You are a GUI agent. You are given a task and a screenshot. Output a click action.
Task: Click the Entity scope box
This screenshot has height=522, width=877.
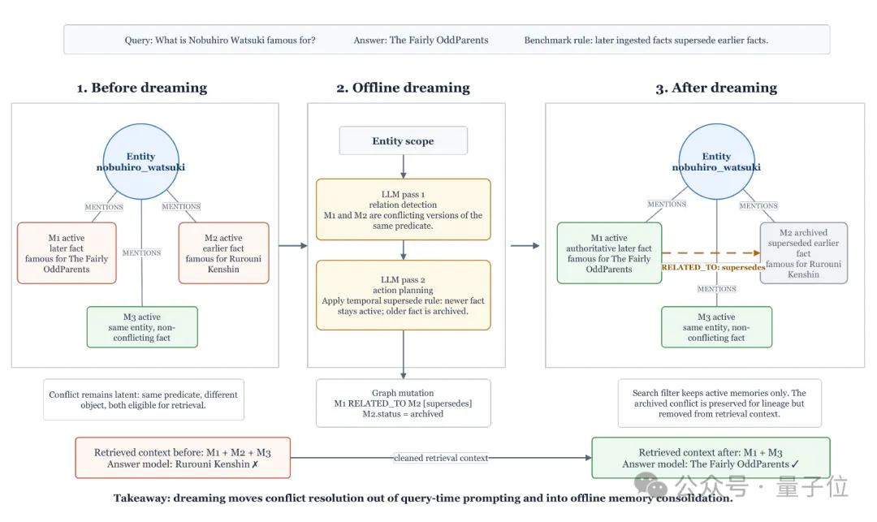click(403, 140)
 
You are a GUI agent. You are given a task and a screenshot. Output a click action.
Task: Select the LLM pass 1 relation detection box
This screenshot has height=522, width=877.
click(403, 209)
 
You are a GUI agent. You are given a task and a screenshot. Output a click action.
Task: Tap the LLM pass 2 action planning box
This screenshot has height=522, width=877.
click(403, 295)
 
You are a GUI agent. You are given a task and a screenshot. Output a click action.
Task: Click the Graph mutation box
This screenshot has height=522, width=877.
click(403, 403)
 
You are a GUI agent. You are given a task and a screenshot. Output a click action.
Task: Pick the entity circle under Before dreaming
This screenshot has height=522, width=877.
click(141, 162)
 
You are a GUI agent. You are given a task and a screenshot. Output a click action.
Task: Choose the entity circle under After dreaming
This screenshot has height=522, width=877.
click(716, 162)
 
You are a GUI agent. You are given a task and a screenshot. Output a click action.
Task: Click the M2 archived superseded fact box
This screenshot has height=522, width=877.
click(803, 253)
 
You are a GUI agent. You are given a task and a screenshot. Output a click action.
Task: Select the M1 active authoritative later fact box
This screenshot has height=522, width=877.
click(609, 253)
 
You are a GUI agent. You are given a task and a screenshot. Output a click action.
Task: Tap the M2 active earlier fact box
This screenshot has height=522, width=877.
click(224, 253)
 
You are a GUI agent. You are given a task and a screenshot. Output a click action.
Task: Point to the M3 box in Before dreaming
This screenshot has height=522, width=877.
click(142, 327)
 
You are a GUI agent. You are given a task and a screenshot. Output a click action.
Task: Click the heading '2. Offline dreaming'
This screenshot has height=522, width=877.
click(404, 88)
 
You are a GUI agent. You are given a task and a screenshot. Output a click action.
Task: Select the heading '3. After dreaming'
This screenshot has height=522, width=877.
click(716, 88)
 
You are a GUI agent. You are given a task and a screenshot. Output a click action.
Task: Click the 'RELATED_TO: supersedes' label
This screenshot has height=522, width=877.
click(713, 267)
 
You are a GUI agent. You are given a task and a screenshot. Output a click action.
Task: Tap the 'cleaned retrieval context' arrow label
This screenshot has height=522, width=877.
click(441, 458)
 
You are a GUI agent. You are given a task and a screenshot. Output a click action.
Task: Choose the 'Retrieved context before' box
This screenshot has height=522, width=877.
click(183, 458)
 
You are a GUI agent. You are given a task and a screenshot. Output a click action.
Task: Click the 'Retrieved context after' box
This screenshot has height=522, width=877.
click(711, 458)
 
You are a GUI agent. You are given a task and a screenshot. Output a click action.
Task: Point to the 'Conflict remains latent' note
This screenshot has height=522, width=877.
click(144, 399)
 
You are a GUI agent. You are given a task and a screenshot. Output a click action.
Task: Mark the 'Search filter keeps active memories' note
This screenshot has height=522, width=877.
click(719, 403)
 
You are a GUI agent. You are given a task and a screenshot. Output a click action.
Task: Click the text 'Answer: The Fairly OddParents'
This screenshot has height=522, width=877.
click(421, 41)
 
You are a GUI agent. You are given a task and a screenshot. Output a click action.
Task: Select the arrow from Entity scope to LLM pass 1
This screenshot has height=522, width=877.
click(404, 166)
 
